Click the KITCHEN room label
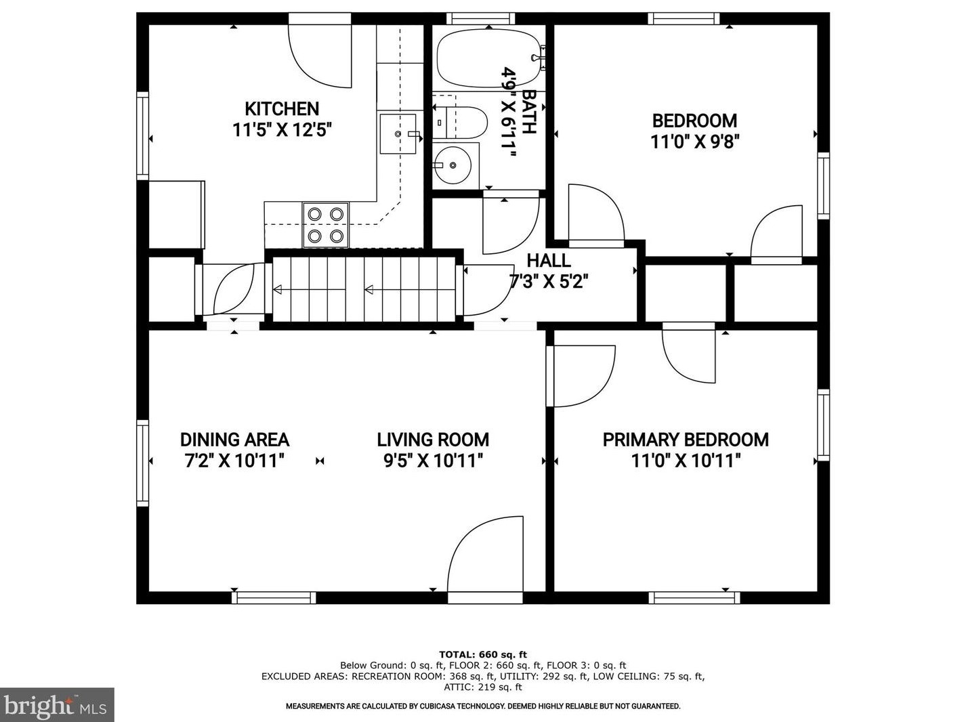point(282,108)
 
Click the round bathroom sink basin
point(453,165)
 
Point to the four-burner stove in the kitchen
point(326,226)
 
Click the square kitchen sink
point(398,133)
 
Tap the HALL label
point(549,261)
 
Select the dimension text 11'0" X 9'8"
point(694,142)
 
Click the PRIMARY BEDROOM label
point(686,440)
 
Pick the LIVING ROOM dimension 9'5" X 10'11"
point(433,461)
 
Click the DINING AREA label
point(234,440)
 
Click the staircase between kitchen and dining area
point(364,289)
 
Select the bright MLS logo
point(57,705)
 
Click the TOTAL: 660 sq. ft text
point(483,654)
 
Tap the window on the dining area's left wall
point(142,463)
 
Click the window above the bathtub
point(480,18)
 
